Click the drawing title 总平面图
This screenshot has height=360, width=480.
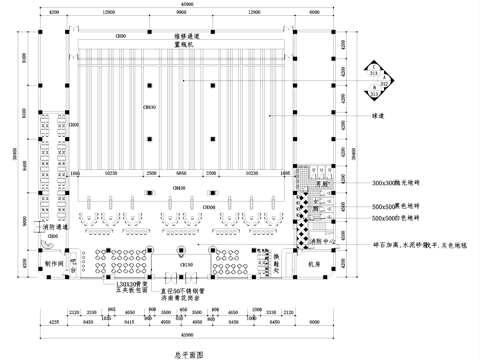point(189,353)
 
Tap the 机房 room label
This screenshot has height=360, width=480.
point(313,264)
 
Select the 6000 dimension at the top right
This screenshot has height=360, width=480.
point(314,11)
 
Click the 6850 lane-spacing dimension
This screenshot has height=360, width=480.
point(187,171)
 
